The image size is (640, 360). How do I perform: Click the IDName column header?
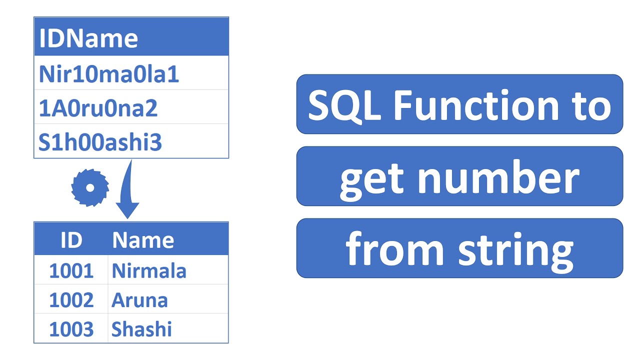click(x=88, y=38)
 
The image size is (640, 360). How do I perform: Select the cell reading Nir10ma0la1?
click(x=109, y=74)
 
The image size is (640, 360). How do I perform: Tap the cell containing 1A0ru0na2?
click(x=98, y=108)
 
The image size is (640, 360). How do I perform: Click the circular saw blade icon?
click(x=90, y=187)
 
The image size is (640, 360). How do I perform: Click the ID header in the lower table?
click(x=71, y=240)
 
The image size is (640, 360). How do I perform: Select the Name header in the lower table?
click(x=143, y=240)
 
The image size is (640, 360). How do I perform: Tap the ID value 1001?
click(x=71, y=271)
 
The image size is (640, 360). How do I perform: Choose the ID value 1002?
click(x=71, y=300)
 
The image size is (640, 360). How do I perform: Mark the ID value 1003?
click(x=71, y=329)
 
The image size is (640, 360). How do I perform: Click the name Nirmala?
click(x=149, y=271)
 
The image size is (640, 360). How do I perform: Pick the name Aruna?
click(x=139, y=300)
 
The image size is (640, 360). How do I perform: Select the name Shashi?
click(x=141, y=329)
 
